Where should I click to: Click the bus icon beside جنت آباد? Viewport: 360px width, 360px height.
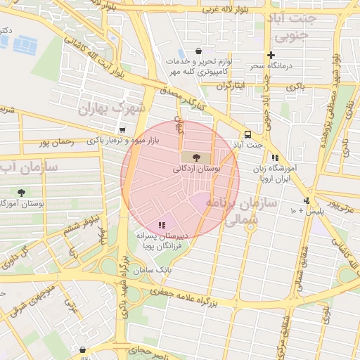click(247, 135)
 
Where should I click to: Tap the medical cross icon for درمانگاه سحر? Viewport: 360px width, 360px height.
click(271, 56)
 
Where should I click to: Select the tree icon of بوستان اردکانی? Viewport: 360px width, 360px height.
click(195, 157)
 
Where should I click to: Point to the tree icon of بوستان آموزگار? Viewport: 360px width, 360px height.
click(22, 192)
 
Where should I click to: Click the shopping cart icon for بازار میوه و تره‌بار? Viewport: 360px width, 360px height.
click(123, 130)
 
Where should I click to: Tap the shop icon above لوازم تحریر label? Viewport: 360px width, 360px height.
click(198, 51)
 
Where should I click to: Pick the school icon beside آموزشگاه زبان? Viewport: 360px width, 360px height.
click(274, 158)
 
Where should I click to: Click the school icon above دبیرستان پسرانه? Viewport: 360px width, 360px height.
click(162, 225)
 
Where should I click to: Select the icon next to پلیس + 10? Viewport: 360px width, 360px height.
click(307, 200)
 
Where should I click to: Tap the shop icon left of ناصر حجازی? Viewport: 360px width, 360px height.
click(83, 349)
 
